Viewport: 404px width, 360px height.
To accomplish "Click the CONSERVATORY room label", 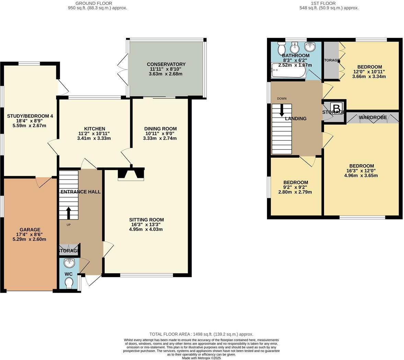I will tap(166, 64).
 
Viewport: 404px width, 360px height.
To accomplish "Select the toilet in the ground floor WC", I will tap(69, 283).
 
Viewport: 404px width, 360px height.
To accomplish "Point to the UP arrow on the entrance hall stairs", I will tap(68, 213).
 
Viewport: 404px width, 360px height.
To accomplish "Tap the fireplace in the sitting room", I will tap(131, 174).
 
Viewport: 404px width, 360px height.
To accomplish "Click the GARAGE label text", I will tap(30, 230).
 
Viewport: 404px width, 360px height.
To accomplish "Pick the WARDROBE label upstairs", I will tap(373, 117).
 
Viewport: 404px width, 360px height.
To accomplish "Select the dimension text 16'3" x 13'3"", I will tap(146, 225).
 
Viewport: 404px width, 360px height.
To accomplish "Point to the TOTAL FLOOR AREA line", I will tap(201, 334).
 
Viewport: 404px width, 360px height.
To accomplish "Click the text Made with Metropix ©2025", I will tap(201, 358).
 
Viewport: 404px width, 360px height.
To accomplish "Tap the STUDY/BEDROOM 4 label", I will tap(30, 116).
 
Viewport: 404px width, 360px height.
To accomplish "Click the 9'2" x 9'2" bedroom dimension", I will tap(295, 187).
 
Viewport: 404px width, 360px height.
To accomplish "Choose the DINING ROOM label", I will tap(160, 129).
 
